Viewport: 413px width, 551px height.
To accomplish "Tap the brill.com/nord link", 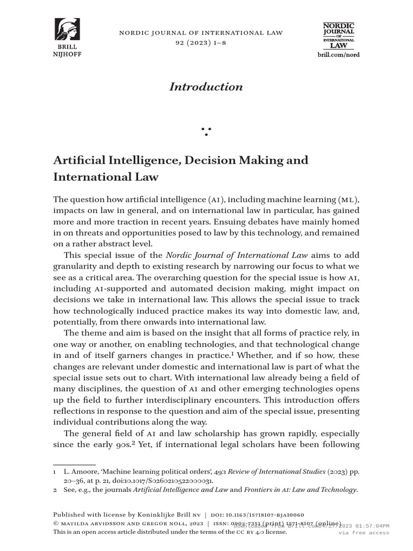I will [338, 55].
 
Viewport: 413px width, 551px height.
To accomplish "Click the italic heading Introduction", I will [206, 87].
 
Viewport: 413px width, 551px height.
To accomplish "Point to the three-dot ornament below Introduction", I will [206, 131].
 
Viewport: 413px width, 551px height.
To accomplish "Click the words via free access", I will [364, 533].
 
